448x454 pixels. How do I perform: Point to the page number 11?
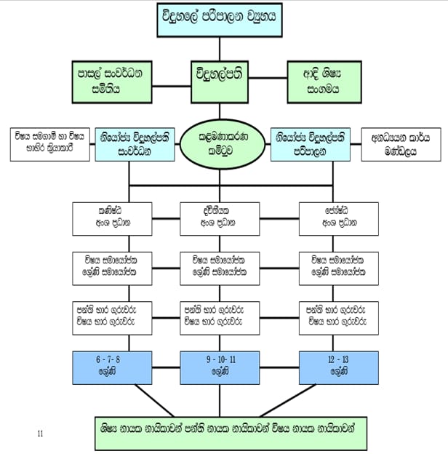pyautogui.click(x=41, y=434)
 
